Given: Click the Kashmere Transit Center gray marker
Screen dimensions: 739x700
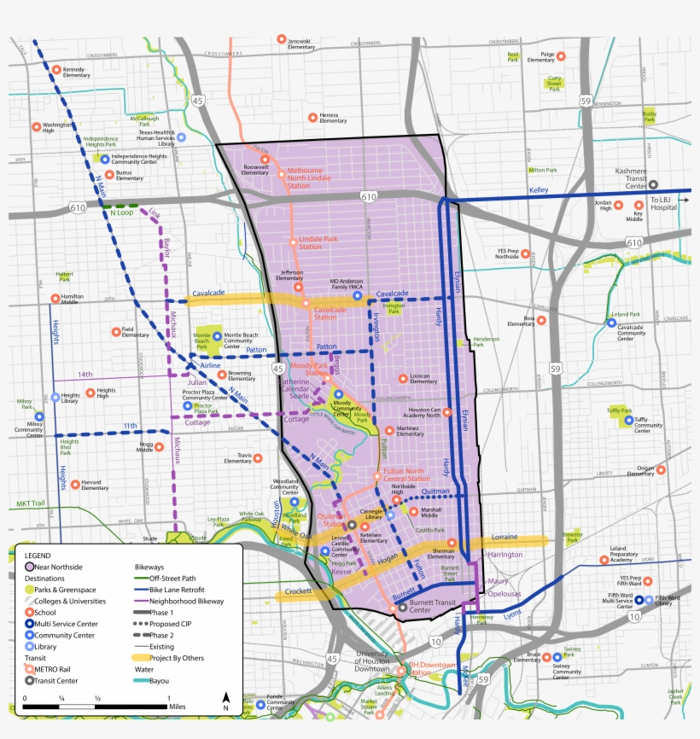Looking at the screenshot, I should point(653,183).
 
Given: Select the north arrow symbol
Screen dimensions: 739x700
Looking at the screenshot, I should point(225,701).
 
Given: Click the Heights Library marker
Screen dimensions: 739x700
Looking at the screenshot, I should point(55,397).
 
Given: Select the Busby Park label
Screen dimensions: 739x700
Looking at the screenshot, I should point(650,115).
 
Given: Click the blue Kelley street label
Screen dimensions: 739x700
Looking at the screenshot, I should point(540,190).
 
